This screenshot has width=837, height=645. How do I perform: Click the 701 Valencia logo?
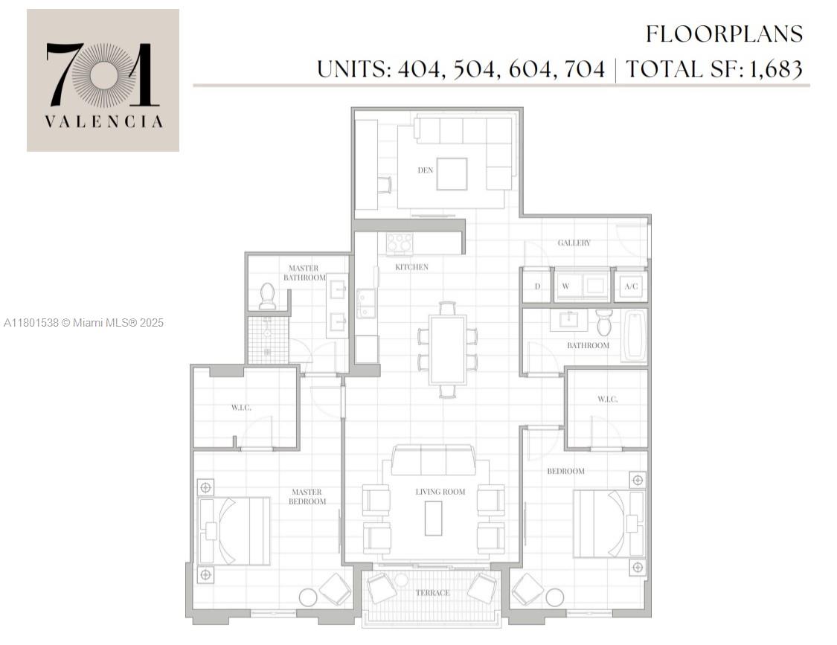coord(103,80)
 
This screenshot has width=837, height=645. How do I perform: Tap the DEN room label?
coord(426,170)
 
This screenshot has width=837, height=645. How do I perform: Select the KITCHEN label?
coord(411,267)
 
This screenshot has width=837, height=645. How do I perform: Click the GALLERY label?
coord(574,243)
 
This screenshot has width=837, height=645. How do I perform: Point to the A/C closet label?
coord(632,286)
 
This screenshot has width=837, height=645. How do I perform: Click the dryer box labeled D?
coord(536,286)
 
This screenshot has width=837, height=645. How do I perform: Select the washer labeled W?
coord(565,286)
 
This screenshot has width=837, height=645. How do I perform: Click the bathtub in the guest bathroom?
coord(634,336)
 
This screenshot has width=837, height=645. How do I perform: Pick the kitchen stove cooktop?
coord(400,243)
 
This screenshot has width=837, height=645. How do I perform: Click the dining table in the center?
coord(447,349)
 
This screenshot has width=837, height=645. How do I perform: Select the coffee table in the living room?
coord(433,518)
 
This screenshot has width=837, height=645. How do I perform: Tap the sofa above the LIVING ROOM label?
coord(433,461)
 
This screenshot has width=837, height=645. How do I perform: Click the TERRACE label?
coord(432,593)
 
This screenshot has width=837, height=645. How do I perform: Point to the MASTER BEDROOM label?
coord(307,496)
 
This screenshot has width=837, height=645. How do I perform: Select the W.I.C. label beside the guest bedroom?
coord(607,399)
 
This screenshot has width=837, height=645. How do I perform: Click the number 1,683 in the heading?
coord(775,69)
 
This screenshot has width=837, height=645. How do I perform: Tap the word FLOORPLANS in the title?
coord(724,34)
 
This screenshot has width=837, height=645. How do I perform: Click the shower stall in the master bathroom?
coord(267,340)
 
